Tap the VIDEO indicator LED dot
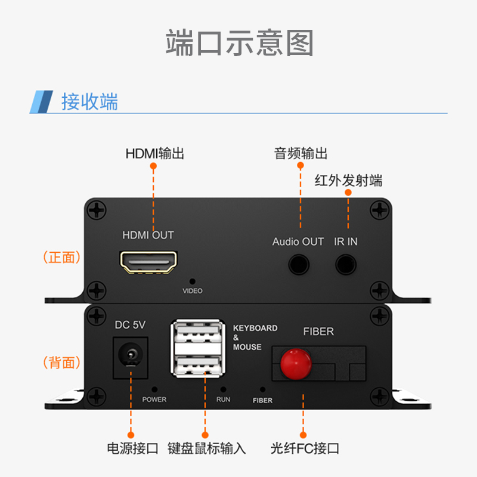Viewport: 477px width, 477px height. click(192, 280)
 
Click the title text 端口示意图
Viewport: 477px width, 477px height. click(238, 43)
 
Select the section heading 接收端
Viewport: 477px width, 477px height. click(89, 101)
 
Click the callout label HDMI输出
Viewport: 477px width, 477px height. click(154, 153)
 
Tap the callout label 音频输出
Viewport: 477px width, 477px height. click(301, 153)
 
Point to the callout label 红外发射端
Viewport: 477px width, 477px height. click(348, 181)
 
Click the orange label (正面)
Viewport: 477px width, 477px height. click(62, 258)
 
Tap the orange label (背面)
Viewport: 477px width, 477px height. click(62, 362)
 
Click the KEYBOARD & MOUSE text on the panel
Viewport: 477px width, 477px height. click(255, 337)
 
